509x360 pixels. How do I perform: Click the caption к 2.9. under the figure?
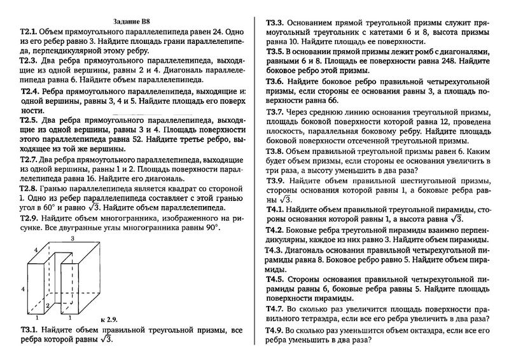pyautogui.click(x=111, y=317)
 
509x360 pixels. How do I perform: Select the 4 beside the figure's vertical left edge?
pyautogui.click(x=23, y=288)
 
